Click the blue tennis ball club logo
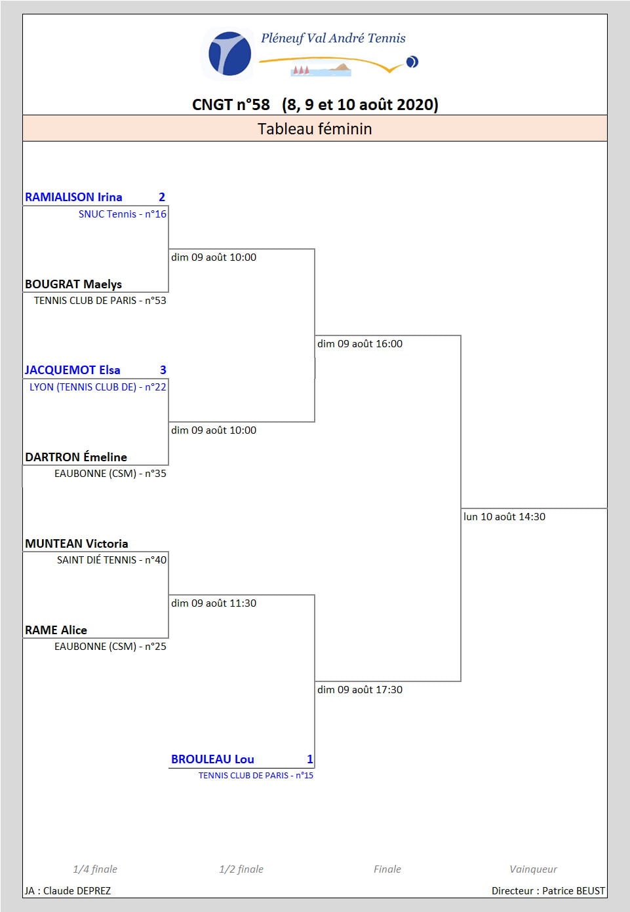[229, 54]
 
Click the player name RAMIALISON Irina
[73, 197]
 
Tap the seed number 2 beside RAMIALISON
[162, 197]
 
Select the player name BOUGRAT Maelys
[73, 284]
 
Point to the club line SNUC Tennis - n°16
[122, 214]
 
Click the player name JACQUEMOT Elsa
[73, 370]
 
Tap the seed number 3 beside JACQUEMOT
[163, 370]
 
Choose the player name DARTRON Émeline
[76, 457]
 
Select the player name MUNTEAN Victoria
[76, 543]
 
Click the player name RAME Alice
[56, 630]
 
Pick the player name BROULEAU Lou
[212, 759]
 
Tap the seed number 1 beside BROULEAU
[309, 759]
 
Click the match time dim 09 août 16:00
[360, 343]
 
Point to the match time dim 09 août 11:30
[214, 603]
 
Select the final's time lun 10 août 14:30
[504, 517]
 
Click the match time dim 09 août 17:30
[360, 689]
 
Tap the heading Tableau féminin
[315, 128]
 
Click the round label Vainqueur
[533, 869]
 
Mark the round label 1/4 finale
[95, 869]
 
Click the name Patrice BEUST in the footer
[574, 890]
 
